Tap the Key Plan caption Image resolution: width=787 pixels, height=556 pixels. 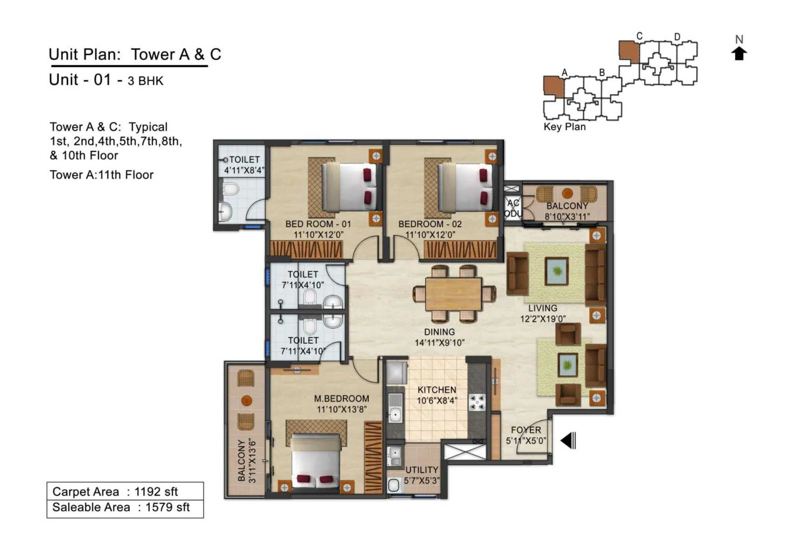pos(564,127)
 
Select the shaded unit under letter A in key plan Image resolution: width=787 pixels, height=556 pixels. pos(553,86)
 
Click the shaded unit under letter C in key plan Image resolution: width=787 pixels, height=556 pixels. pos(628,51)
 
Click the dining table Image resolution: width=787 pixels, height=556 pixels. pos(454,294)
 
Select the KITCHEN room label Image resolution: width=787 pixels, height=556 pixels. pos(436,390)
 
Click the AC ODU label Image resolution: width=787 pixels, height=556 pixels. pos(513,208)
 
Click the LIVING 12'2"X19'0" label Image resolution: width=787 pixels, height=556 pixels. pos(543,314)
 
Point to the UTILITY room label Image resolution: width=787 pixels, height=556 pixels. pos(421,470)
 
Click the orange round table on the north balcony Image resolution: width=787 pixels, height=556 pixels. pos(567,193)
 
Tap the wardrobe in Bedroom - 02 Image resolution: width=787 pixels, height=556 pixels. pos(460,249)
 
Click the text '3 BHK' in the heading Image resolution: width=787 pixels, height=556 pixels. pos(145,81)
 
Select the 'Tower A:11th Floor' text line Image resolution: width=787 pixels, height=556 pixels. pos(102,175)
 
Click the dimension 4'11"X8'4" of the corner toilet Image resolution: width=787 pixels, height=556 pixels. pos(244,170)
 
